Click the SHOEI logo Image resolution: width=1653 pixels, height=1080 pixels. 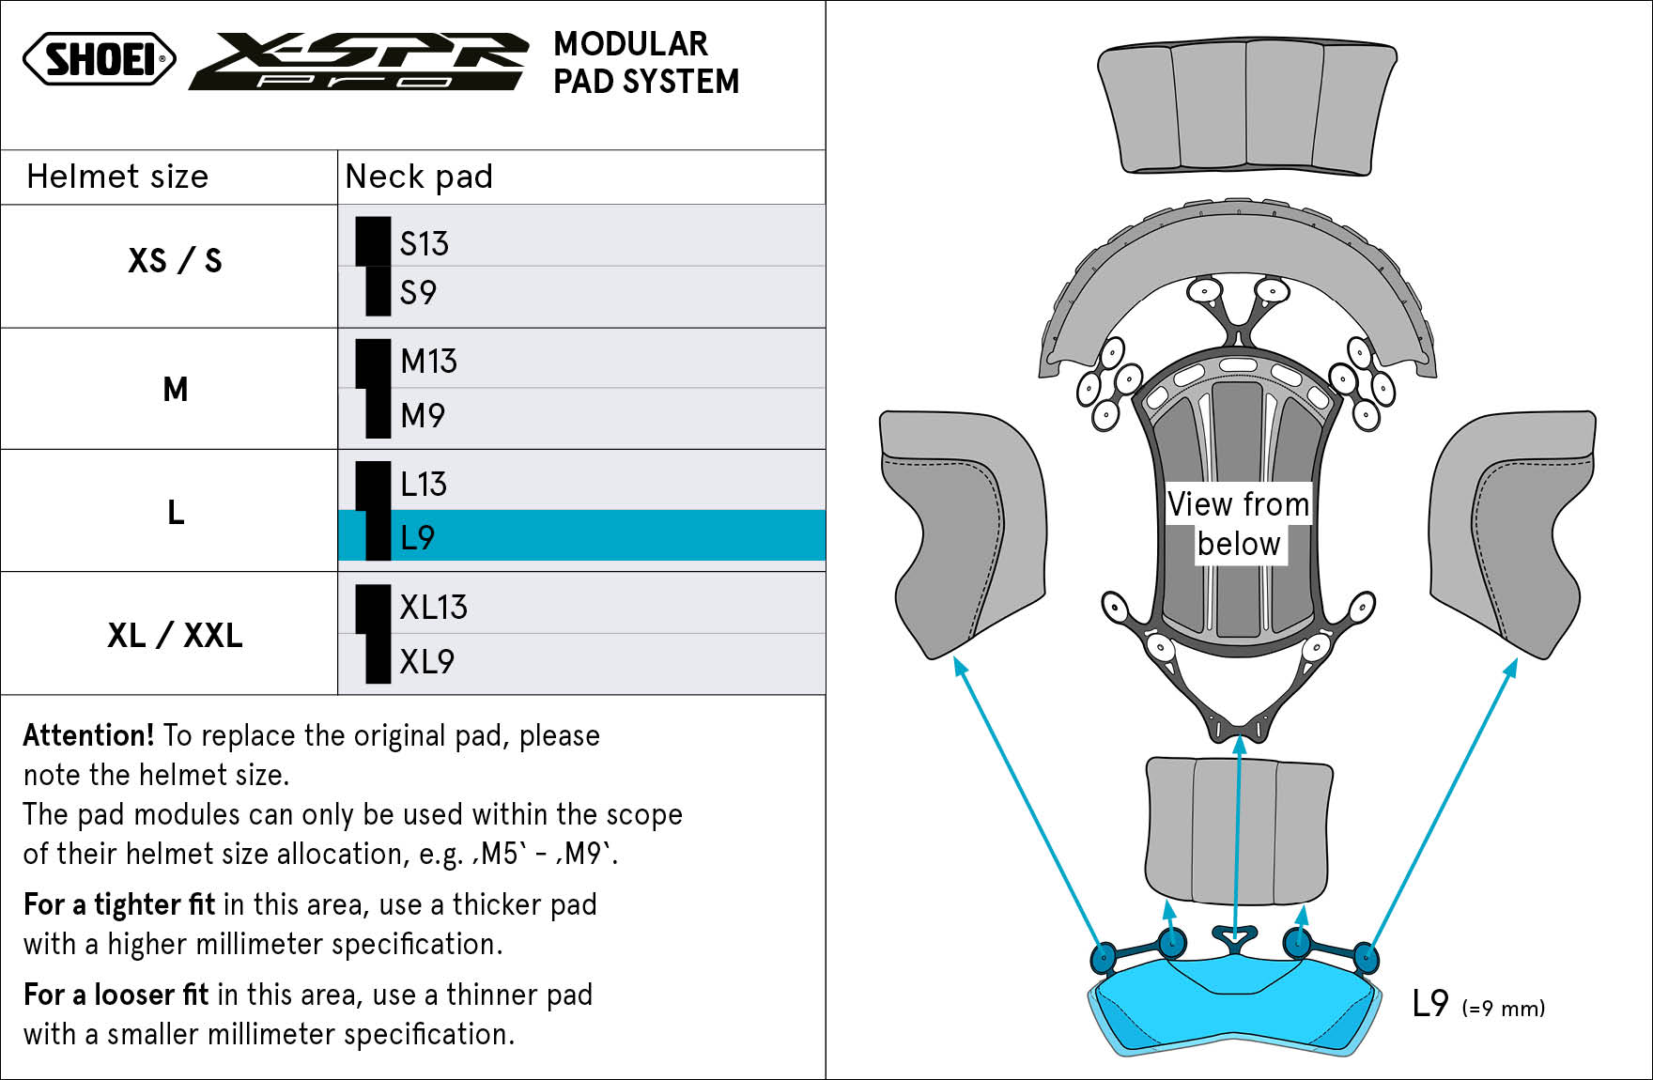[x=100, y=59]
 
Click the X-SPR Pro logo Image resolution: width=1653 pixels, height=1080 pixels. [x=359, y=61]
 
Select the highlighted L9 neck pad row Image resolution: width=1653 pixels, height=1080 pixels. [x=581, y=536]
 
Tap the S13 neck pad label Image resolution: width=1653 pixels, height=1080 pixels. [x=424, y=244]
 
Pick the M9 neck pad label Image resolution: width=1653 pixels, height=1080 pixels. [x=423, y=415]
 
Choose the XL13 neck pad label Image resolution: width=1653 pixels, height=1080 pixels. [x=433, y=608]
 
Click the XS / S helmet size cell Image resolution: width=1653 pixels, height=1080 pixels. [x=175, y=260]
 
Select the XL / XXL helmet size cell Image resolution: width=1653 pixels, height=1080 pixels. [x=175, y=636]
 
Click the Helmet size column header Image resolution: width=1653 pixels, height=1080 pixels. [x=117, y=177]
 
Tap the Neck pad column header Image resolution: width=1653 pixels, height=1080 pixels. [x=419, y=177]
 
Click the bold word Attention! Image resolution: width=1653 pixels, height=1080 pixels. [x=88, y=735]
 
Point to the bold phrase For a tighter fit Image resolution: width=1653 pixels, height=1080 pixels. [x=119, y=904]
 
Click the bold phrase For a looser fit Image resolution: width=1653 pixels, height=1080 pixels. [x=116, y=995]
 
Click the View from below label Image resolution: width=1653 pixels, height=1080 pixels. [x=1238, y=524]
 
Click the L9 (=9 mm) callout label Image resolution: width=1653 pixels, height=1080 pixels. [x=1478, y=1005]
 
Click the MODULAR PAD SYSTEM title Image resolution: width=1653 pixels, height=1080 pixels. [x=646, y=62]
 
